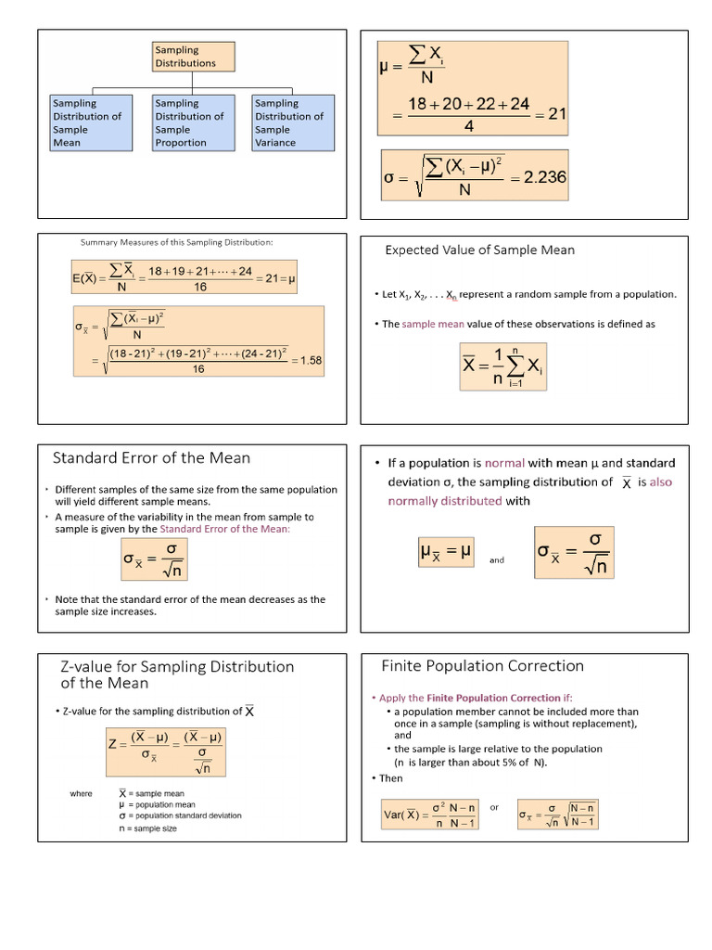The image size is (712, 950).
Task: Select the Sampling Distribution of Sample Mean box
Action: [89, 122]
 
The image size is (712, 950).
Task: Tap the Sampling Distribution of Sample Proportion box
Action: [191, 122]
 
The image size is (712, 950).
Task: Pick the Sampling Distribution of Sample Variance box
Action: [292, 122]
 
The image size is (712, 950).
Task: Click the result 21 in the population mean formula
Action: [557, 113]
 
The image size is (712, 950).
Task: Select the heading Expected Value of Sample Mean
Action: [479, 250]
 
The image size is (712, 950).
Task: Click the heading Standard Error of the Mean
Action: [151, 457]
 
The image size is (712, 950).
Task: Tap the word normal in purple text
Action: [504, 463]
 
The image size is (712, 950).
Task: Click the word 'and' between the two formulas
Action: [497, 560]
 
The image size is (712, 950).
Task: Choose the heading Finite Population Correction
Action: [482, 665]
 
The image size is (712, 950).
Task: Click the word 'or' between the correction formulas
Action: [494, 807]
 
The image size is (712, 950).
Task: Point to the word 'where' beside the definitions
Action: [81, 793]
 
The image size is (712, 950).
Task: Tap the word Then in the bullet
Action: [391, 778]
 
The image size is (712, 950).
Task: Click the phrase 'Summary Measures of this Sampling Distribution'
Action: [176, 243]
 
